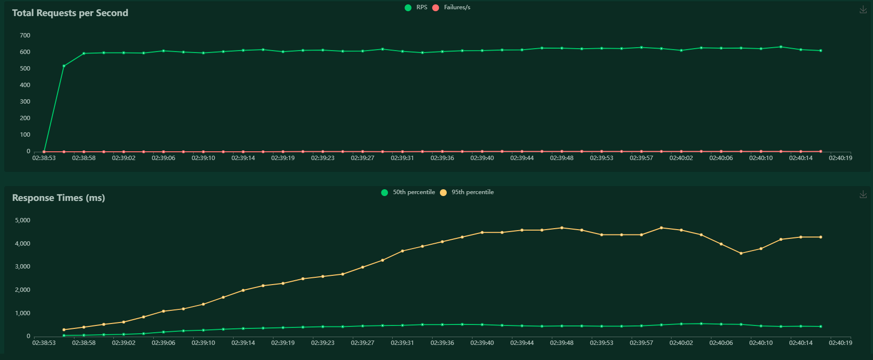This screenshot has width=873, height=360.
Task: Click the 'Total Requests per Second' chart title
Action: [x=70, y=13]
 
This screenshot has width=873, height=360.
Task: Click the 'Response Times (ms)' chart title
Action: [x=58, y=198]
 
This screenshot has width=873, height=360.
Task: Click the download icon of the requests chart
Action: [x=863, y=10]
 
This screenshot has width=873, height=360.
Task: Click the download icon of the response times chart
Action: [x=863, y=195]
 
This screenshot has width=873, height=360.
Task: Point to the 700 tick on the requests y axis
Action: [x=25, y=36]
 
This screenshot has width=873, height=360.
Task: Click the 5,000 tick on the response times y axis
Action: [x=23, y=220]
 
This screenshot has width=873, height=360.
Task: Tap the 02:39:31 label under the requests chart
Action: [x=402, y=158]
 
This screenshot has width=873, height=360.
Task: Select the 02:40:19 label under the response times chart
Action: [x=840, y=343]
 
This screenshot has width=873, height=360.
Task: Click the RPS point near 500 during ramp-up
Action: [x=64, y=66]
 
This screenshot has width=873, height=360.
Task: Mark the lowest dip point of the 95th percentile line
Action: [x=741, y=253]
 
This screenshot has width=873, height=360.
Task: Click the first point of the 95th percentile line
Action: [x=64, y=330]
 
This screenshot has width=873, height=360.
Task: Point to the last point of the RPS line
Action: [x=820, y=51]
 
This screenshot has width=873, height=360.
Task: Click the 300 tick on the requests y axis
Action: [x=25, y=102]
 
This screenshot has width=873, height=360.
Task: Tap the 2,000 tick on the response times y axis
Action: [x=23, y=290]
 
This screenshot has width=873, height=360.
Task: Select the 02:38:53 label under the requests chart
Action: [x=44, y=158]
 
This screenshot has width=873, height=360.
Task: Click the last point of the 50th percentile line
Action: [x=820, y=326]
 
